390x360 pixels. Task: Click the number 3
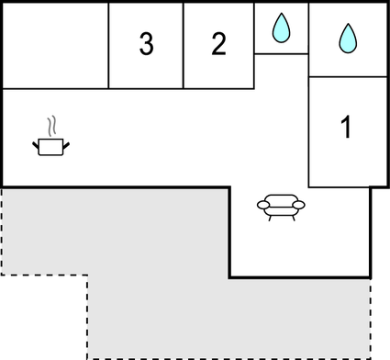(146, 44)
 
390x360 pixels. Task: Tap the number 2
(217, 43)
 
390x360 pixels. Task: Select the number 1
(346, 129)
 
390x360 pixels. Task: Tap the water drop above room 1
(347, 37)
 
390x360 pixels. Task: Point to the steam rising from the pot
(53, 125)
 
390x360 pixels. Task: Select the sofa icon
(281, 206)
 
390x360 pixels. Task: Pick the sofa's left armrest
(263, 205)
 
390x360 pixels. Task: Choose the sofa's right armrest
(299, 205)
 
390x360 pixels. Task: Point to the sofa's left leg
(269, 217)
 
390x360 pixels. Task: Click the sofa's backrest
(281, 197)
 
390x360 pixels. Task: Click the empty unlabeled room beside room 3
(55, 44)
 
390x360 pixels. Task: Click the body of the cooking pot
(51, 146)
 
